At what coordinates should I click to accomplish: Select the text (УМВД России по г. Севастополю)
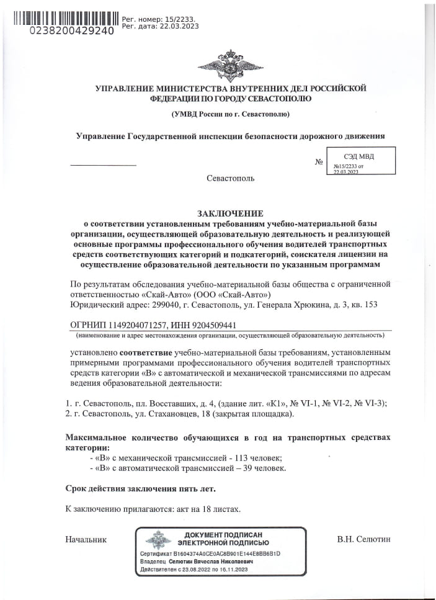coord(230,115)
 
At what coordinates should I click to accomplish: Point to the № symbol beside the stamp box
coord(319,163)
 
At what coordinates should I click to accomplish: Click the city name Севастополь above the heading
coord(230,178)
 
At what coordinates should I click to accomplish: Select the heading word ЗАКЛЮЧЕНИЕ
coord(230,213)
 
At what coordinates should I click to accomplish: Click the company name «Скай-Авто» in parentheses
coord(251,295)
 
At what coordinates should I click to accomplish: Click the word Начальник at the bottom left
coord(86,539)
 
